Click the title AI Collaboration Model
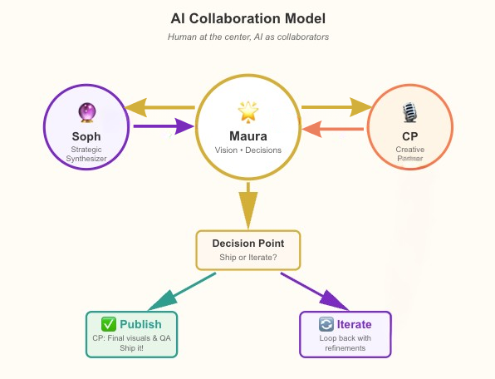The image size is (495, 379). coord(247,17)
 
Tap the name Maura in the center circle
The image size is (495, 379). coord(247,135)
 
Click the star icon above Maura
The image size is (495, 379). coord(247,111)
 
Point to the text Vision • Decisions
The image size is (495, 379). coord(247,150)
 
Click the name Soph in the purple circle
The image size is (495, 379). coord(86,136)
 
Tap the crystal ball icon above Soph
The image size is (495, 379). coord(86,112)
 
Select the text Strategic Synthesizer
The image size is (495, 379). coord(86,155)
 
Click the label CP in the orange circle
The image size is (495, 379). coord(409,136)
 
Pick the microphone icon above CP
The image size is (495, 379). coord(409,112)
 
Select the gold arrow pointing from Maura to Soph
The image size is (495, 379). coord(161,107)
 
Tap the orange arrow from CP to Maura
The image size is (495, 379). coord(332,129)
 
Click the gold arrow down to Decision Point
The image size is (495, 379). coord(247,204)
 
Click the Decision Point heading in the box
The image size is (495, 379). coord(247,244)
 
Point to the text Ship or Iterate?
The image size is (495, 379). coord(247,258)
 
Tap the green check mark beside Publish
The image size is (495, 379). coord(108,324)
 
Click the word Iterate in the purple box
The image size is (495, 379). coord(354,324)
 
